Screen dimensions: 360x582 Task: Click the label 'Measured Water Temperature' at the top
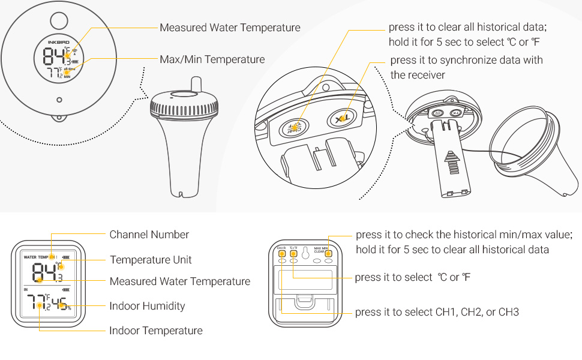[x=230, y=28]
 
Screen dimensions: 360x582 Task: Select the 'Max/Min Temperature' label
[x=212, y=59]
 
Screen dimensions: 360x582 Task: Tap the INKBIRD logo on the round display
[x=59, y=42]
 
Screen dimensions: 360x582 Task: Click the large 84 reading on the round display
[x=53, y=58]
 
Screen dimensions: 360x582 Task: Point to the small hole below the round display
[x=59, y=100]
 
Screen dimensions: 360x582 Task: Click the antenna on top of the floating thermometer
[x=195, y=83]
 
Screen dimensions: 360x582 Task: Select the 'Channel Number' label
[x=149, y=235]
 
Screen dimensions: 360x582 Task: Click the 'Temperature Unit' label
[x=151, y=260]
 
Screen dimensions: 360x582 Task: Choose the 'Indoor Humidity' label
[x=147, y=306]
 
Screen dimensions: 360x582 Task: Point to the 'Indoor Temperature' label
[x=155, y=331]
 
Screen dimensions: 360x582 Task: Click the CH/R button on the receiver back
[x=281, y=253]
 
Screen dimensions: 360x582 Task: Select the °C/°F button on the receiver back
[x=293, y=253]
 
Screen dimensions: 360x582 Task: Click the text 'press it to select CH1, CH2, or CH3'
[x=437, y=312]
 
